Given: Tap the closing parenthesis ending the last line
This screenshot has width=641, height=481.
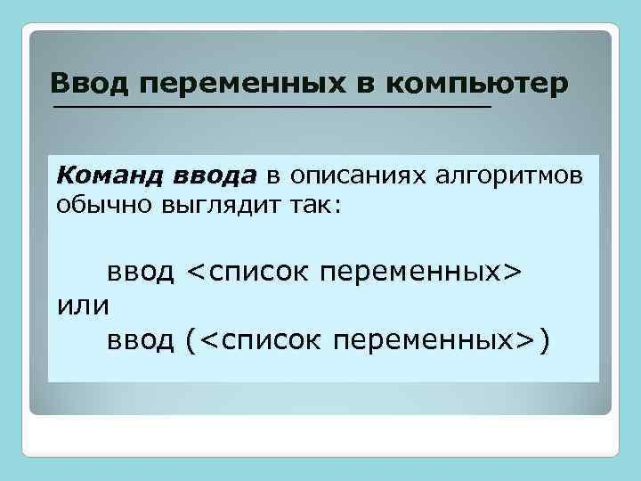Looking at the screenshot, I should tap(544, 340).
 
